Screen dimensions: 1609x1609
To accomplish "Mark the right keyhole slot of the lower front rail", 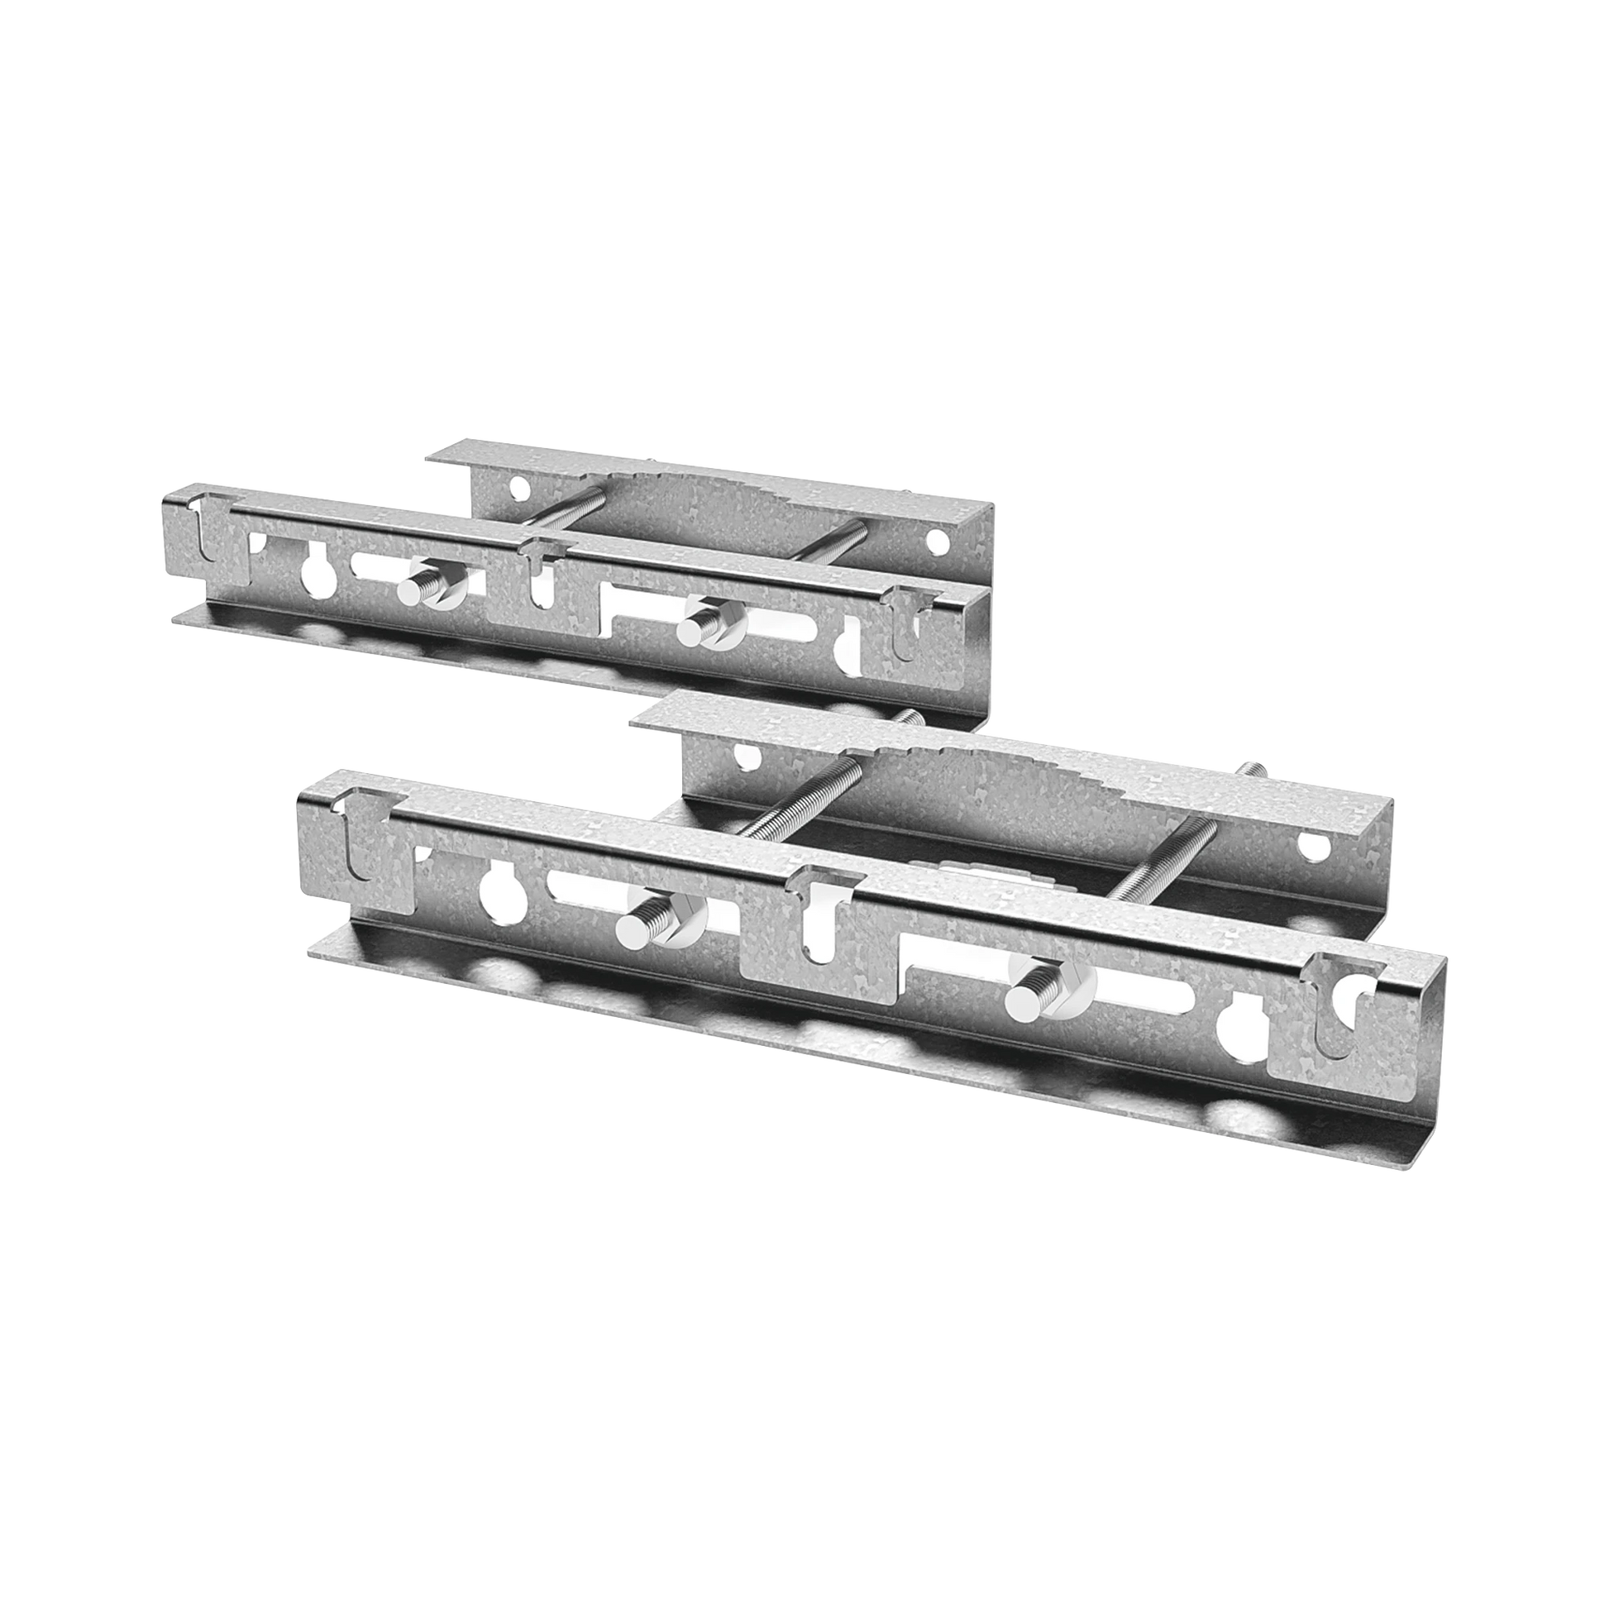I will pos(1235,1034).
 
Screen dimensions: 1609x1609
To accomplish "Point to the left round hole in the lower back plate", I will pos(745,757).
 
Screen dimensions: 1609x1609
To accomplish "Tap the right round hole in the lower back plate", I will pos(1312,844).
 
